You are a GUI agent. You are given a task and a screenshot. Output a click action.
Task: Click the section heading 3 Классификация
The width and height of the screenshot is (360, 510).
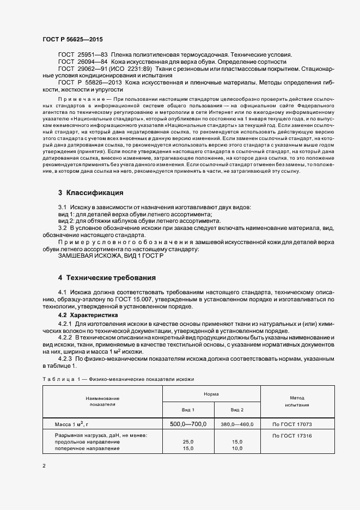point(91,193)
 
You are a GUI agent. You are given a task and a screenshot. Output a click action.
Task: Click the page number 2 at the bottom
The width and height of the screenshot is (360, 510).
point(44,466)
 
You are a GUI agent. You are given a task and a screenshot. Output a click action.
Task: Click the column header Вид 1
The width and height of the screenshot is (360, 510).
point(188,409)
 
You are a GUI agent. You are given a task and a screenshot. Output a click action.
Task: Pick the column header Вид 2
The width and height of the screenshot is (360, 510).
point(237,409)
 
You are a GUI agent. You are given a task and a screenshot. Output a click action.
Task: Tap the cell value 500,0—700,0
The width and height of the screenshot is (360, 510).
point(188,424)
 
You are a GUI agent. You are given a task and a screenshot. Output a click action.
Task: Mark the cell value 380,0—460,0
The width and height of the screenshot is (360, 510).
point(237,424)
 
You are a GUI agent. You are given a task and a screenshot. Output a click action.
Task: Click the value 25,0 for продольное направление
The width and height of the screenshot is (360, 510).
point(188,442)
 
